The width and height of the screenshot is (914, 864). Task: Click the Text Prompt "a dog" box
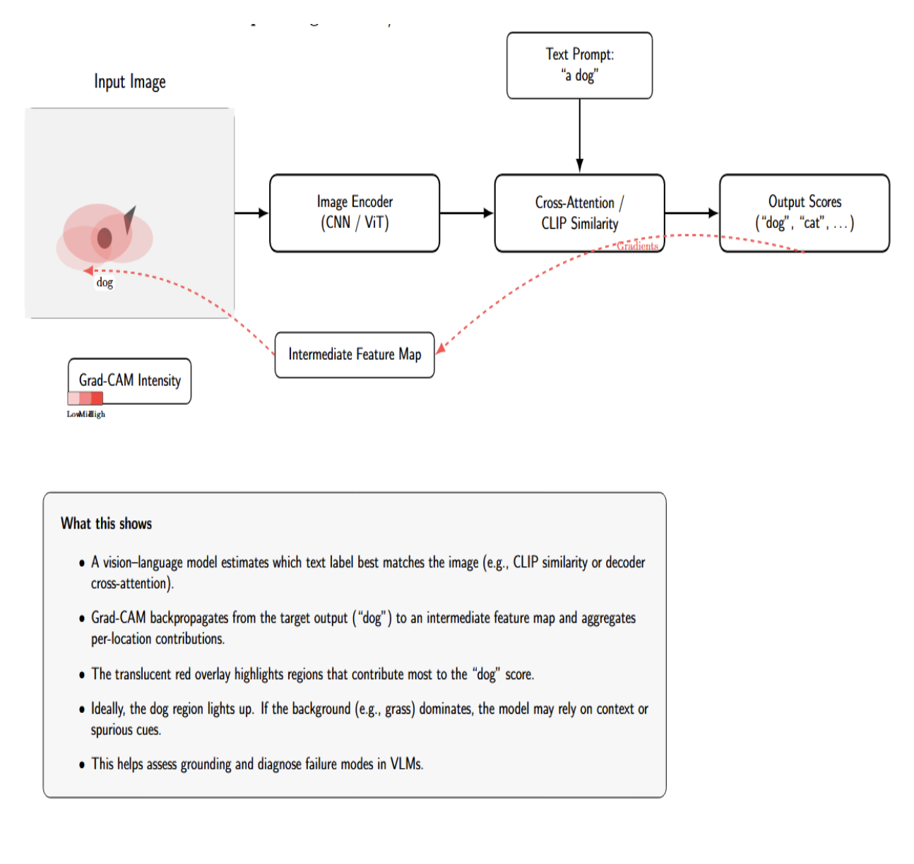coord(579,65)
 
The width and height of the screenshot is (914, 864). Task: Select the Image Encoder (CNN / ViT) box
coord(355,212)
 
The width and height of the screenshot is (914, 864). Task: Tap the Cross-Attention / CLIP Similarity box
coord(579,212)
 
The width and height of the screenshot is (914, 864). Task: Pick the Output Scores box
coord(804,212)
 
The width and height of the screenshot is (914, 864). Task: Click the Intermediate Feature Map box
coord(355,354)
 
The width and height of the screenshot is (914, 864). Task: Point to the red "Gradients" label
coord(637,246)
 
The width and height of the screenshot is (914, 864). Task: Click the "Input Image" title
coord(130,82)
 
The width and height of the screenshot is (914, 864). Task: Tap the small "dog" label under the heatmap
coord(105,282)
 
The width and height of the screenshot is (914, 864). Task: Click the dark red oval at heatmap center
coord(105,238)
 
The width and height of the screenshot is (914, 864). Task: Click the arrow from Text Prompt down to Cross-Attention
coord(579,134)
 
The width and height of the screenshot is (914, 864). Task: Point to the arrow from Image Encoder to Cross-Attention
coord(466,212)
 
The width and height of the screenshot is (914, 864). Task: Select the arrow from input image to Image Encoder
coord(251,212)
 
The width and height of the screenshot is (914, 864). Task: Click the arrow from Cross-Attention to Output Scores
coord(691,212)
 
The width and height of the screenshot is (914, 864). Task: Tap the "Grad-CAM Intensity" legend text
coord(130,380)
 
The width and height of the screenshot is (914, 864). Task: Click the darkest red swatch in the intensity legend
coord(97,398)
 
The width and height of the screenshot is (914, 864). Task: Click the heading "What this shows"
coord(106,524)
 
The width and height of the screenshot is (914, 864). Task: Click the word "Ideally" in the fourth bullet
coord(107,709)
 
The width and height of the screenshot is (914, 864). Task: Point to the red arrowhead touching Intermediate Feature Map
coord(440,349)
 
